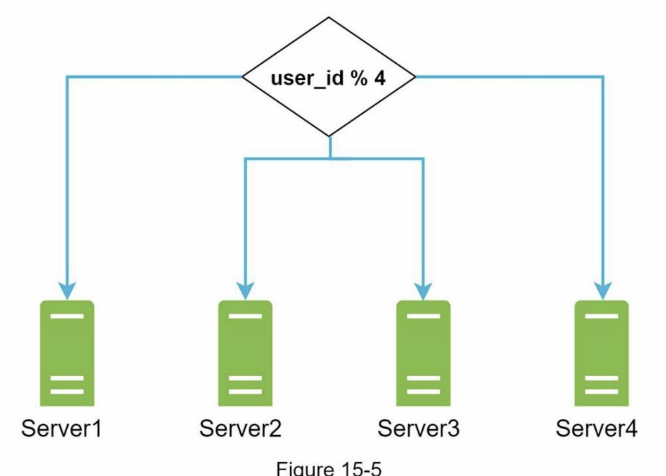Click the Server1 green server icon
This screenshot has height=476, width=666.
pos(67,353)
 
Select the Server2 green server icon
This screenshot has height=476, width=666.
pos(245,353)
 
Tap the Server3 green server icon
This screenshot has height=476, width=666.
pos(423,353)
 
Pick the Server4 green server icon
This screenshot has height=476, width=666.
pos(601,353)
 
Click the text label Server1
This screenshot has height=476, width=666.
pos(61,430)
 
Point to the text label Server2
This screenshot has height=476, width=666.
pos(240,430)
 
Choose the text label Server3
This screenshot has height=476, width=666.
pos(418,430)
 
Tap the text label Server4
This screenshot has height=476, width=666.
pos(596,430)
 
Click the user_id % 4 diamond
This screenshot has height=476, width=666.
pos(329,77)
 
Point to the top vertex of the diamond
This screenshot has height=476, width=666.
pos(329,18)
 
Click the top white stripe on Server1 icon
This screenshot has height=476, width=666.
pos(67,316)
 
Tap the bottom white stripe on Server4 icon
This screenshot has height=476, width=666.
pos(601,391)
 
